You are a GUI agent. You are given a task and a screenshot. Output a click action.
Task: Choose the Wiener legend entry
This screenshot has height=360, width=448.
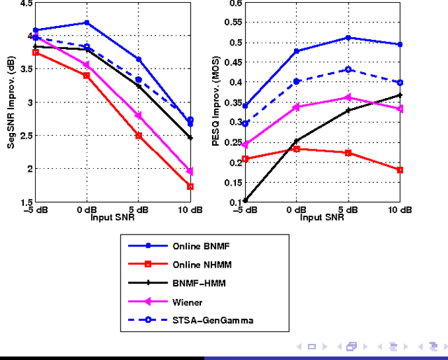[185, 302]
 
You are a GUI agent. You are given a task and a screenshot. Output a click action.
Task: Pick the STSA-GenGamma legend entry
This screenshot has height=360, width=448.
[204, 320]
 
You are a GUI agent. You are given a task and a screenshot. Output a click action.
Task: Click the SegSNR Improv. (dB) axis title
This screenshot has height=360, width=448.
[11, 102]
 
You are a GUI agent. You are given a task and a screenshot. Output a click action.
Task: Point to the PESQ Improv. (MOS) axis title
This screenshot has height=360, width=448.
[216, 102]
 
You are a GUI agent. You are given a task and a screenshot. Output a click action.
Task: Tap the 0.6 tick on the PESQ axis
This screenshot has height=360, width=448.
[234, 4]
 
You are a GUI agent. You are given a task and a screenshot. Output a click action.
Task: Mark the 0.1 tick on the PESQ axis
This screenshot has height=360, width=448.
[234, 202]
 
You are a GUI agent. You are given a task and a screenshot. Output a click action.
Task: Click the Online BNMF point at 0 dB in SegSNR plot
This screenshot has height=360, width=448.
[87, 23]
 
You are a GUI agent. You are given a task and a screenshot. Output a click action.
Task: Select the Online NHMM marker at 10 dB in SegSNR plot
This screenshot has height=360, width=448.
[190, 186]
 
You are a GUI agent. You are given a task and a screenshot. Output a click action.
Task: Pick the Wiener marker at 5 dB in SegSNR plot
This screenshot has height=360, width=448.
[139, 116]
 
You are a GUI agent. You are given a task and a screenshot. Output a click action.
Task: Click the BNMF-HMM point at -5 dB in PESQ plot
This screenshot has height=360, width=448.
[245, 200]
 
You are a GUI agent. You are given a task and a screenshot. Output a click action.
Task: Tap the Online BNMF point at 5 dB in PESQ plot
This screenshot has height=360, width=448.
[349, 38]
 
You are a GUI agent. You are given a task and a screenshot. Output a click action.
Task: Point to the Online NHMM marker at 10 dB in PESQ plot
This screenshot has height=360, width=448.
[400, 170]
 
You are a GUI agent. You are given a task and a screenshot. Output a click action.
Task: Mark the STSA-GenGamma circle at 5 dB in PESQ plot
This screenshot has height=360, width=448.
[349, 69]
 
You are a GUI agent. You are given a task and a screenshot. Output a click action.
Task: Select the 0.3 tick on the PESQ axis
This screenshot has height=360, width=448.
[234, 123]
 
